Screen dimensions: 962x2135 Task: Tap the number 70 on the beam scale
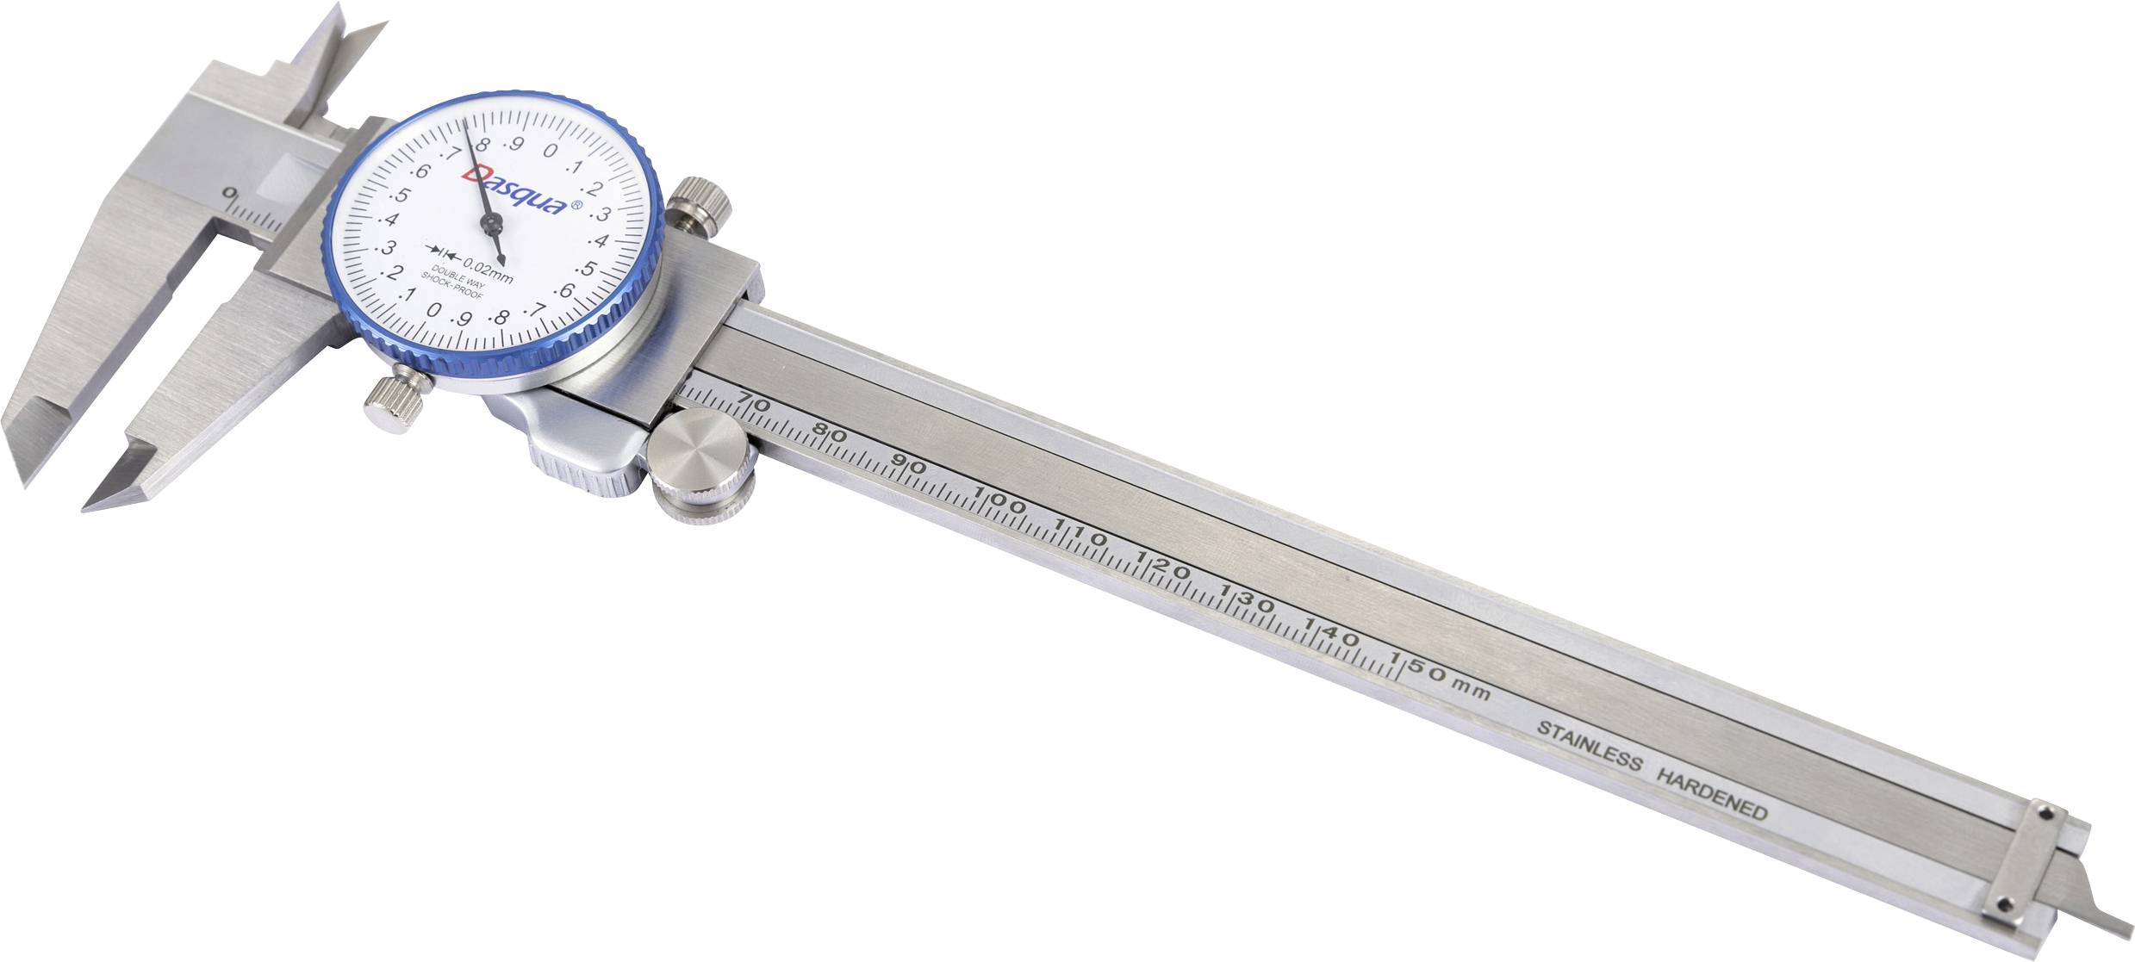753,403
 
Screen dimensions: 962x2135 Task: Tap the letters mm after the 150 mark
1472,690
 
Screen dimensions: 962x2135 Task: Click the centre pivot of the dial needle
493,227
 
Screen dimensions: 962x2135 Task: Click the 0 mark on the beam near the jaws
229,193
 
